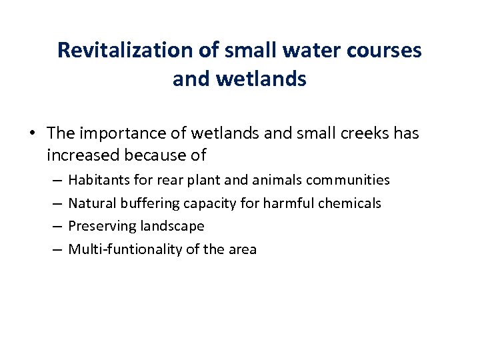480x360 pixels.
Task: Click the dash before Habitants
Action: click(x=55, y=180)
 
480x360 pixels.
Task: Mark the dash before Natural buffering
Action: click(x=55, y=203)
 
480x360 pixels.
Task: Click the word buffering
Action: click(x=146, y=203)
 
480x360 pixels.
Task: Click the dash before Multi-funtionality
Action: click(x=55, y=249)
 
